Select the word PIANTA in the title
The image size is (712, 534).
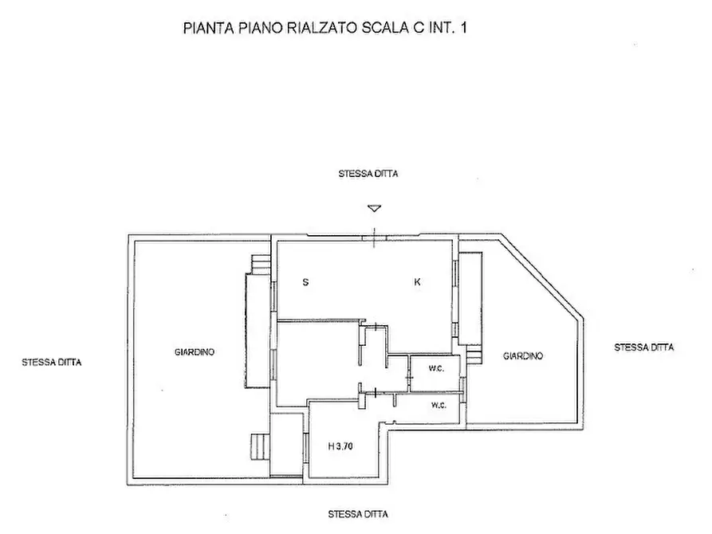(x=206, y=28)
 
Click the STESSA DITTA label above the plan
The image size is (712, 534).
(x=368, y=173)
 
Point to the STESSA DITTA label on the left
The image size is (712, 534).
(x=52, y=362)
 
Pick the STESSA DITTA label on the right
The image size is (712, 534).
(x=644, y=347)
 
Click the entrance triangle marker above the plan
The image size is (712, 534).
(x=374, y=210)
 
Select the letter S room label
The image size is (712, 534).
(x=305, y=282)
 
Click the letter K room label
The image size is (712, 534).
(x=417, y=282)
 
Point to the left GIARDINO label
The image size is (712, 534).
(x=195, y=351)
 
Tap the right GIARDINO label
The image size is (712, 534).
(x=523, y=356)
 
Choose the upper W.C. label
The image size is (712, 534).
(x=435, y=369)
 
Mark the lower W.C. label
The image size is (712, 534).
(x=439, y=406)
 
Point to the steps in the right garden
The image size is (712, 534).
(x=474, y=354)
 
